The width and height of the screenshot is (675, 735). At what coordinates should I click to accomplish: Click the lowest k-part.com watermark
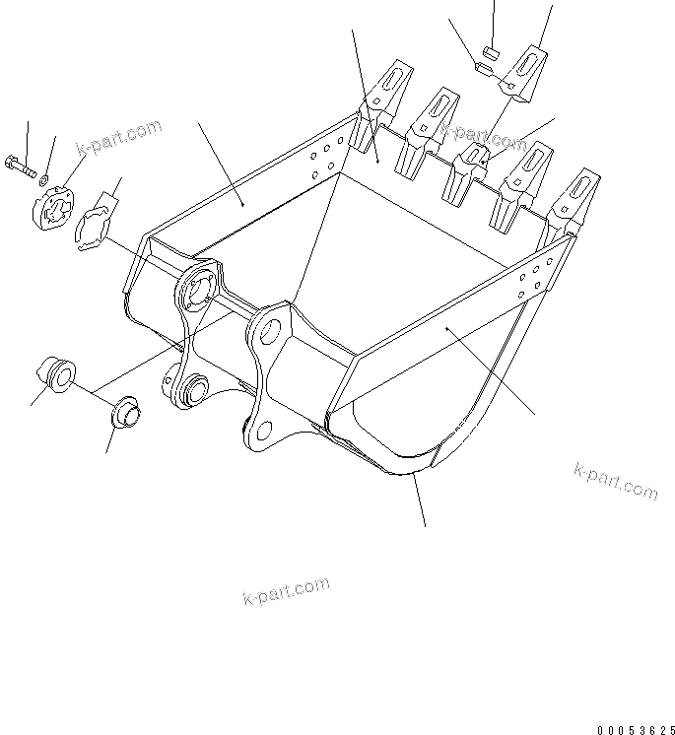tap(285, 592)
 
